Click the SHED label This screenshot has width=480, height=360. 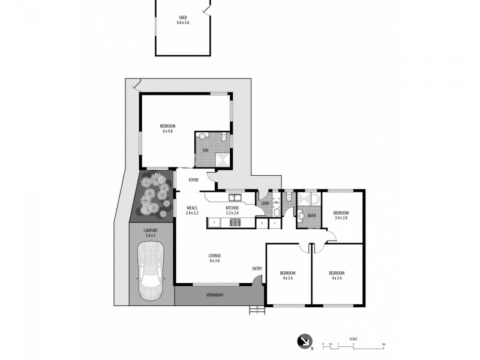(x=182, y=19)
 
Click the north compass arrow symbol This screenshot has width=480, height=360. (x=304, y=341)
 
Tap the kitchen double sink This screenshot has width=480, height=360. (x=234, y=197)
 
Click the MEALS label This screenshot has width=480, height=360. (x=191, y=208)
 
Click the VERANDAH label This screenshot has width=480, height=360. (x=215, y=295)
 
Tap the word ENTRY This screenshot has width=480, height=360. (x=257, y=268)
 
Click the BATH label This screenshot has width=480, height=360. (x=311, y=216)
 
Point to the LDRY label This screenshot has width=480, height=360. (x=265, y=203)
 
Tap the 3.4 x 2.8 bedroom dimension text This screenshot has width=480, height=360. (x=341, y=218)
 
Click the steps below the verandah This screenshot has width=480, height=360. (x=256, y=310)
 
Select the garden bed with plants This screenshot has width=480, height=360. (x=152, y=193)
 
